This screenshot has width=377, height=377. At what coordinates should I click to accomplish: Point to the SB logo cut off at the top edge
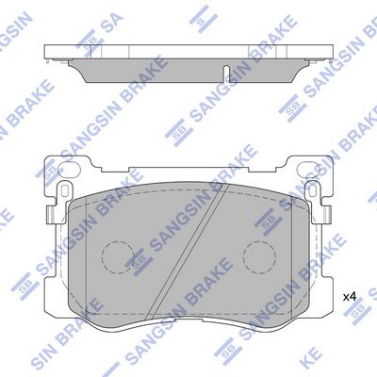[201, 13]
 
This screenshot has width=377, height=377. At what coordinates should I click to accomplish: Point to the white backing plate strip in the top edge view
[188, 51]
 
